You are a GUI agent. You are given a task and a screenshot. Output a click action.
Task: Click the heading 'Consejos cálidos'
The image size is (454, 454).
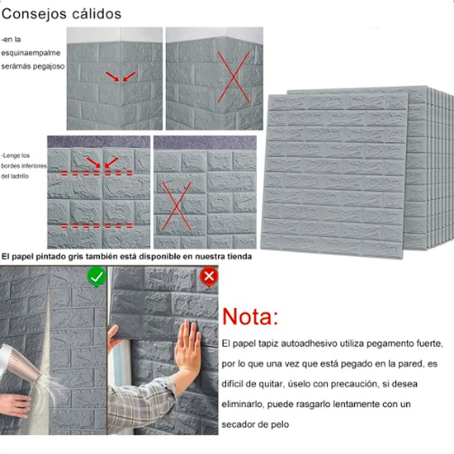coord(61,14)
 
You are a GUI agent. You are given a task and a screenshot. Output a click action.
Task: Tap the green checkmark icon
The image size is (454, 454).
coord(97,276)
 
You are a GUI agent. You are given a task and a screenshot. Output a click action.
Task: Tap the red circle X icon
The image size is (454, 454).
coord(209,276)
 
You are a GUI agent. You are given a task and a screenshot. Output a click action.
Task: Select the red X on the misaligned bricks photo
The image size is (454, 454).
coord(177,205)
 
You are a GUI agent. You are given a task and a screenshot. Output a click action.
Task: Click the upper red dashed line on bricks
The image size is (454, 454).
coord(97,173)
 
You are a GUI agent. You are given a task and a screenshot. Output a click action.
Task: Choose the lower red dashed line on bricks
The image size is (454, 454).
coord(97,225)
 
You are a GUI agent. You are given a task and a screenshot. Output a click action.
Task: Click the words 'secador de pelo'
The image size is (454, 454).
coord(255,424)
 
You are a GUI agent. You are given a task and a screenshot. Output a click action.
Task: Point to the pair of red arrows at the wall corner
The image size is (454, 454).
coord(121,76)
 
